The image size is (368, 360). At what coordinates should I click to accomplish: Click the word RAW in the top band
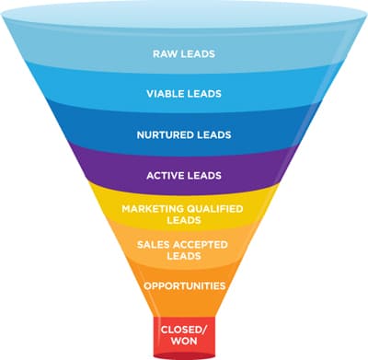165,54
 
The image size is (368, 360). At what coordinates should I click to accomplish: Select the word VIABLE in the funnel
164,94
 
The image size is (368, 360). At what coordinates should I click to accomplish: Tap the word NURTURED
160,135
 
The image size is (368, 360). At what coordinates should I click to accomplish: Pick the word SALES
154,245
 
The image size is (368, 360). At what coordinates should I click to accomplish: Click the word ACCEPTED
201,245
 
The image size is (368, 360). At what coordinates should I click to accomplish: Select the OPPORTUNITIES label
184,286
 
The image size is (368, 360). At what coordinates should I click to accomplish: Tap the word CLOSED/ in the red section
184,330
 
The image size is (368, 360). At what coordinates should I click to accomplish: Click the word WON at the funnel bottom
184,341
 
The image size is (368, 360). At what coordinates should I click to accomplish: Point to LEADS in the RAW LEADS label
198,54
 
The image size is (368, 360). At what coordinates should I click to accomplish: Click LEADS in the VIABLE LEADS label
203,94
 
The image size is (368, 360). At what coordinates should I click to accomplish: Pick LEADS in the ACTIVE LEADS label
203,176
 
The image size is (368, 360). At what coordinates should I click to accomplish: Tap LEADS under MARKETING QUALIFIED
184,220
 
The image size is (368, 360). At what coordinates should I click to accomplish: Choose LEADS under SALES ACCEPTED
184,256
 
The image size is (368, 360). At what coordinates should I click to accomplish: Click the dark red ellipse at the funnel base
184,356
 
